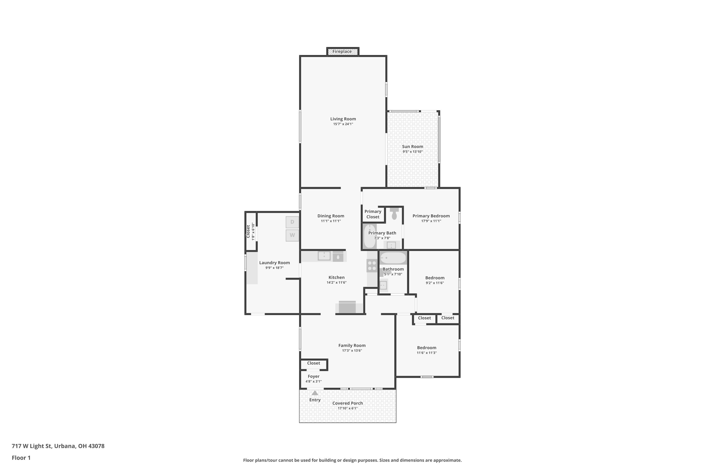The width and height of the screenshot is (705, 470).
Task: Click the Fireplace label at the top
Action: click(x=342, y=51)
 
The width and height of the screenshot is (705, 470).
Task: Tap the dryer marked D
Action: click(x=292, y=222)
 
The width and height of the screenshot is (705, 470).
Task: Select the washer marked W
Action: click(x=292, y=235)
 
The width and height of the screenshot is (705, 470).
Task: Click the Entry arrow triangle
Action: click(x=315, y=393)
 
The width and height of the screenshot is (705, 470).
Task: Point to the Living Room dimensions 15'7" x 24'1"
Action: click(x=343, y=124)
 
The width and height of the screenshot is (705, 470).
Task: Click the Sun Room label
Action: click(x=412, y=147)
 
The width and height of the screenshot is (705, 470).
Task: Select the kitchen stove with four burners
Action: click(x=372, y=266)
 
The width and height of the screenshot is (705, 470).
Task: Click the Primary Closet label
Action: click(x=373, y=214)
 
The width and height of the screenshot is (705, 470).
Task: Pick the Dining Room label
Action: click(x=331, y=216)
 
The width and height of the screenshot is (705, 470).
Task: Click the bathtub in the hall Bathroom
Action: click(x=393, y=258)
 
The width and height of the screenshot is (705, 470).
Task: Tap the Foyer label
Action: click(x=313, y=376)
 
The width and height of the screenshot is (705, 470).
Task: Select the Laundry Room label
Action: click(x=274, y=262)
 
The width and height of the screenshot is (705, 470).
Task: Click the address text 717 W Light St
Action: click(x=32, y=446)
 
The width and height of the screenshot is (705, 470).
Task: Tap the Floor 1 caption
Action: click(x=21, y=458)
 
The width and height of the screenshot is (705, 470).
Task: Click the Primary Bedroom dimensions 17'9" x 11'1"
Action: click(x=431, y=221)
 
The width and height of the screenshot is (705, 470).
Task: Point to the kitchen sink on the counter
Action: click(x=324, y=256)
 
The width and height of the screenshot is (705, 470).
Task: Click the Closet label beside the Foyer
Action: click(x=313, y=363)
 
